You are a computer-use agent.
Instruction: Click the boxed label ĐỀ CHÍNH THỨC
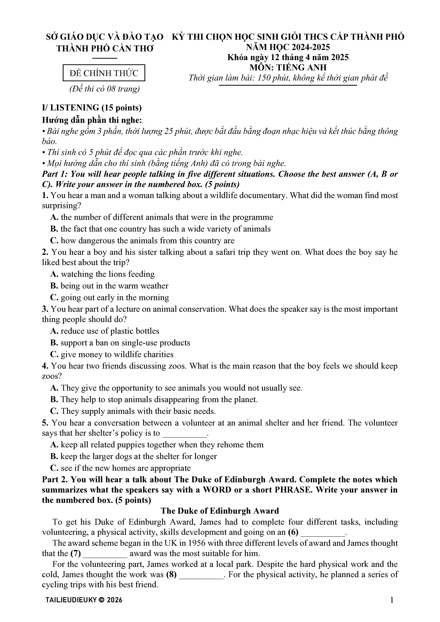click(104, 73)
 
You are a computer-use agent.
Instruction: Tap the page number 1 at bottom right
click(392, 600)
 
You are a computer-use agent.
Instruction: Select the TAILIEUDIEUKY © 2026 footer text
click(84, 600)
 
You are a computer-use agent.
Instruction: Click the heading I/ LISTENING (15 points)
click(92, 108)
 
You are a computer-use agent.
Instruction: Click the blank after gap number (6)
click(323, 533)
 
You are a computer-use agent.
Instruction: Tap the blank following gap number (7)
click(105, 553)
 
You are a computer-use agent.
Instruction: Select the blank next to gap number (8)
click(201, 574)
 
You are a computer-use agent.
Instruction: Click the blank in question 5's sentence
click(184, 433)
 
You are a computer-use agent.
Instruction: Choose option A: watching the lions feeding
click(103, 274)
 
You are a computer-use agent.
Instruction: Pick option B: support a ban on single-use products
click(120, 342)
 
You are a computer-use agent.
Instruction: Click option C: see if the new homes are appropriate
click(120, 468)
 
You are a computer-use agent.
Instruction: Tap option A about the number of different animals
click(162, 217)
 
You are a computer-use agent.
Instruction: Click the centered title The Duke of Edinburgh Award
click(220, 511)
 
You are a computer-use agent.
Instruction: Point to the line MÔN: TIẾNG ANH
click(288, 67)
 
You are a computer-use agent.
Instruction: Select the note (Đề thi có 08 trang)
click(104, 89)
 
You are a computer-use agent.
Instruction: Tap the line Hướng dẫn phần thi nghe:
click(92, 120)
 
